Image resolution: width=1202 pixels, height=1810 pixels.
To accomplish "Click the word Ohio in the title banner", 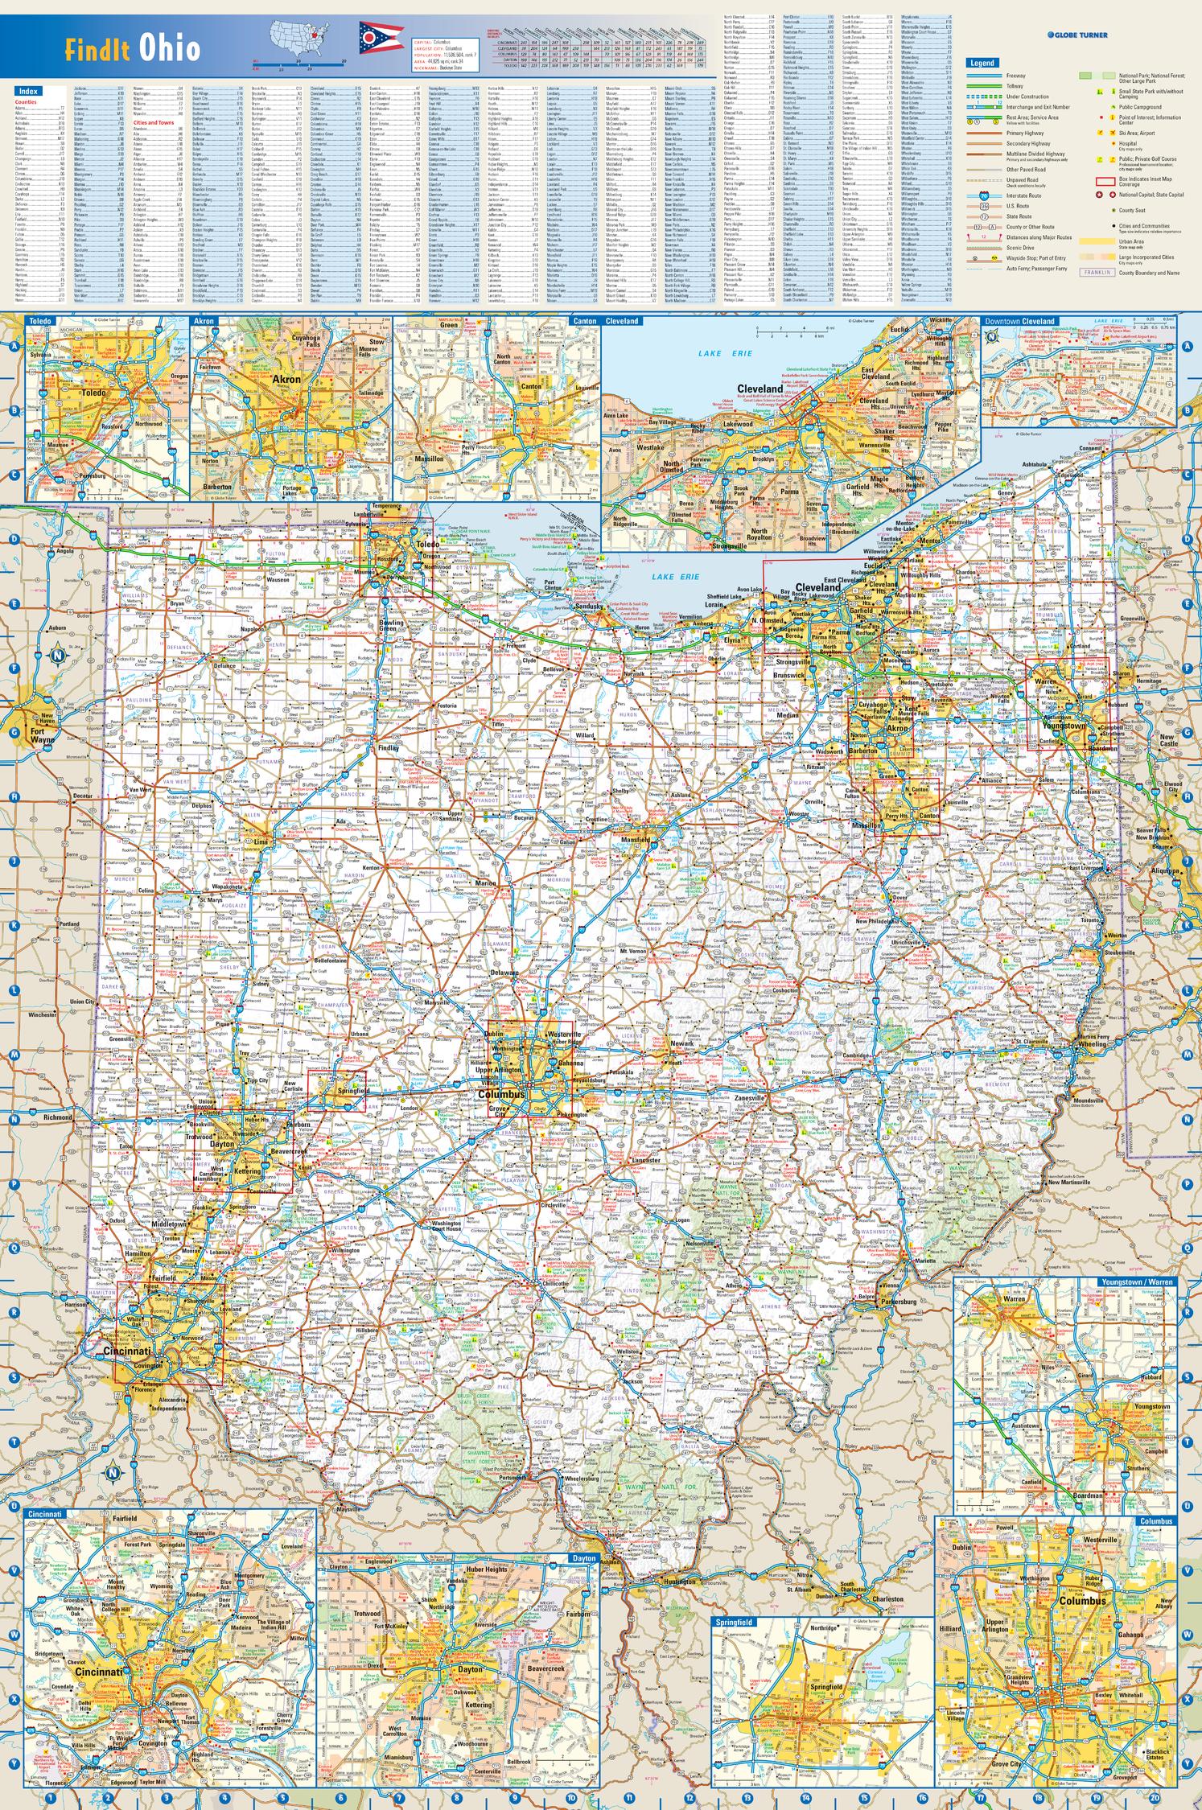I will pos(170,49).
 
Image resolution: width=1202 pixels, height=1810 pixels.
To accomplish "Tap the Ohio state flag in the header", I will pos(371,37).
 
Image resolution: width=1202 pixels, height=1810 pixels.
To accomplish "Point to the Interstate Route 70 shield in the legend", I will pos(983,195).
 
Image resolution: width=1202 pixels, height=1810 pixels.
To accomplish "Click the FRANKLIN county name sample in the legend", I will pos(1097,272).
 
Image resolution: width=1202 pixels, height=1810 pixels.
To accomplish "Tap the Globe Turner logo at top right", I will pos(1077,35).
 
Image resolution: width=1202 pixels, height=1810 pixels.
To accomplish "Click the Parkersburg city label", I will pos(899,1302).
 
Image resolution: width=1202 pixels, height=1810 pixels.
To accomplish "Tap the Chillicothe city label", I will pos(555,1284).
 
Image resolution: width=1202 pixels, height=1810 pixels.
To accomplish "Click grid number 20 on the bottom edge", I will pos(1155,1797).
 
